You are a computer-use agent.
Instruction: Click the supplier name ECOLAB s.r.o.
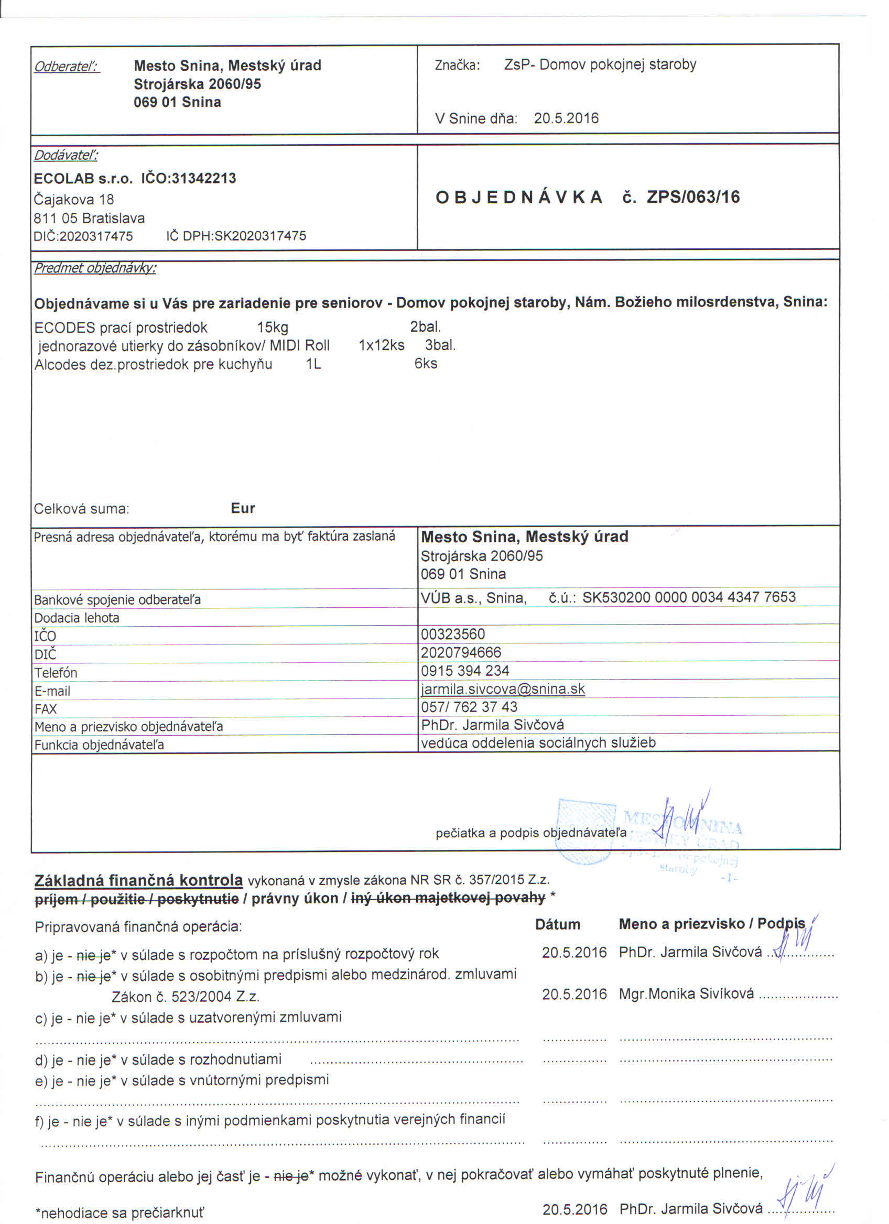click(83, 179)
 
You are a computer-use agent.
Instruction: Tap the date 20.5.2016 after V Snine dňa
click(566, 118)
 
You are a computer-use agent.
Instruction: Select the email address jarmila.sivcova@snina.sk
click(503, 688)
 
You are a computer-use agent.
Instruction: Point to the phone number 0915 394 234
click(465, 670)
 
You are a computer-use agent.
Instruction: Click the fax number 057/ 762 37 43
click(469, 706)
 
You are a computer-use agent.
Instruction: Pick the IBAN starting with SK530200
click(688, 597)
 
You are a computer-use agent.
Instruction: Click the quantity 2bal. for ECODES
click(425, 326)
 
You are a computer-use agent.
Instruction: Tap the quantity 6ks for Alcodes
click(425, 363)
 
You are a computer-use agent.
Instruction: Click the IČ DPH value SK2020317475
click(260, 236)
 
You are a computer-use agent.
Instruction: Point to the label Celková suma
click(81, 508)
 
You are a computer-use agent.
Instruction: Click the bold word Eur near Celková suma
click(242, 508)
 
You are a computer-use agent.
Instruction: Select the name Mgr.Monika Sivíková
click(686, 993)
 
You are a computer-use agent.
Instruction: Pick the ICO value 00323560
click(452, 634)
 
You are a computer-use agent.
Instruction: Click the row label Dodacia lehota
click(77, 618)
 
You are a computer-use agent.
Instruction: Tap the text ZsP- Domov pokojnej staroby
click(600, 65)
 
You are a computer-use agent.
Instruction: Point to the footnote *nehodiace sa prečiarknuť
click(120, 1213)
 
